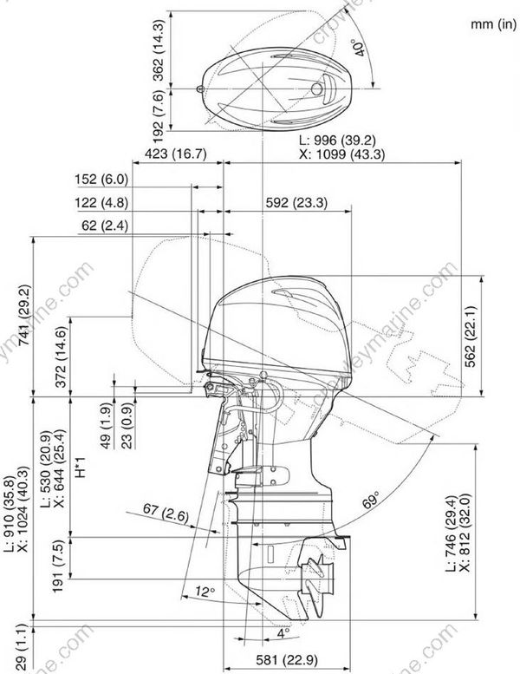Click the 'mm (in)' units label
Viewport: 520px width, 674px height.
pyautogui.click(x=493, y=24)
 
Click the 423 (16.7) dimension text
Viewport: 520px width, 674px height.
pyautogui.click(x=168, y=154)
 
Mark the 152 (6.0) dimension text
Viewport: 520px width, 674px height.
pyautogui.click(x=101, y=180)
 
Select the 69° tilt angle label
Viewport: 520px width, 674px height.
pyautogui.click(x=371, y=501)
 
